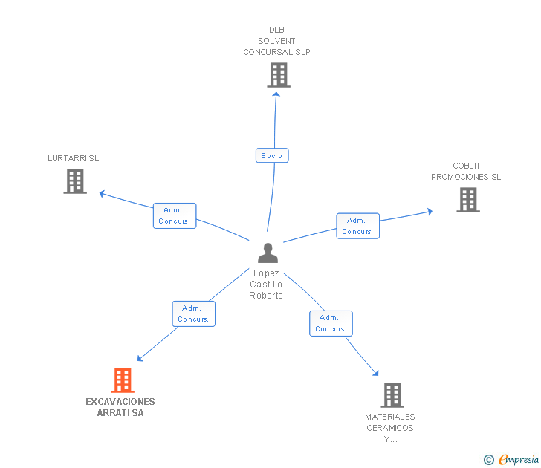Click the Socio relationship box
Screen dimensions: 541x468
click(x=272, y=155)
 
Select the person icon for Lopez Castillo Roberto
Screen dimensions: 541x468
click(x=268, y=253)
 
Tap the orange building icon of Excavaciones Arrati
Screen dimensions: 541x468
click(x=123, y=380)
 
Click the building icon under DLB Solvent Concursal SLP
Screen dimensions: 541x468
click(x=279, y=75)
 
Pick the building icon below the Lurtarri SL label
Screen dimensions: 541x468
click(x=75, y=181)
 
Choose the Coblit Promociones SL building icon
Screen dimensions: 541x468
click(x=468, y=200)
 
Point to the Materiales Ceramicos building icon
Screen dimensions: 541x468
click(x=392, y=395)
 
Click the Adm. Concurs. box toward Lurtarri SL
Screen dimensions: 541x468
click(x=175, y=215)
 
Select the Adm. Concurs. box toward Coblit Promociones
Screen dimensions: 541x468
click(x=357, y=226)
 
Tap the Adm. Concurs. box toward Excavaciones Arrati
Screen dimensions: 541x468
click(x=193, y=313)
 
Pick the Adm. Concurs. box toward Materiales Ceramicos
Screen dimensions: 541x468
click(x=331, y=323)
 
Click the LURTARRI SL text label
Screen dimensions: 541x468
click(x=73, y=158)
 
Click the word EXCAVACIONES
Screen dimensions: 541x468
click(x=120, y=402)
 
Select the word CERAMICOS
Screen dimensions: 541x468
click(x=390, y=428)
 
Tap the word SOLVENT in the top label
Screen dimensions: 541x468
click(x=276, y=41)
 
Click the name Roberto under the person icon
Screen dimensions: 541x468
click(x=266, y=296)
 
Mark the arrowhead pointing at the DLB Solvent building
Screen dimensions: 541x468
click(x=276, y=94)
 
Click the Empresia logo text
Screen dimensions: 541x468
click(x=519, y=460)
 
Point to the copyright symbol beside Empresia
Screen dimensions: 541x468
click(x=489, y=460)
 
